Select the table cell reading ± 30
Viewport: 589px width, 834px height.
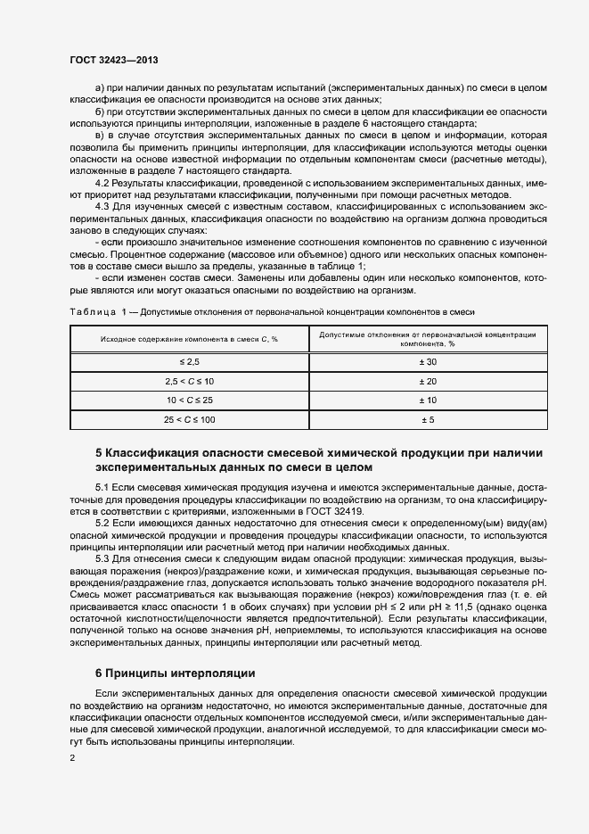tap(426, 361)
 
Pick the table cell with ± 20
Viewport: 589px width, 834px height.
tap(426, 381)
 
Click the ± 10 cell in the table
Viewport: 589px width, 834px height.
tap(426, 400)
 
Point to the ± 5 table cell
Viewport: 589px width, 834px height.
tap(426, 418)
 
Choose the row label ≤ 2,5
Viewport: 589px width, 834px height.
tap(189, 361)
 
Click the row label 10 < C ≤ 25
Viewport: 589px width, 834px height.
tap(189, 400)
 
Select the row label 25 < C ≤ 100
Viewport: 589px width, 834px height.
tap(189, 418)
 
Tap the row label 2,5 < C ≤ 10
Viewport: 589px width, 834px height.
tap(189, 381)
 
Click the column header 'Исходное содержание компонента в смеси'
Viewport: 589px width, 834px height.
tap(189, 339)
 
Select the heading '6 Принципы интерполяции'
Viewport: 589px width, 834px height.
tap(175, 673)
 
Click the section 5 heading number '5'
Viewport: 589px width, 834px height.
tap(98, 453)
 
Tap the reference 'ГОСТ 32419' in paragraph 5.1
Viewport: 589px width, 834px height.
tap(336, 512)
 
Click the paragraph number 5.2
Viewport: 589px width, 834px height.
tap(102, 523)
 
